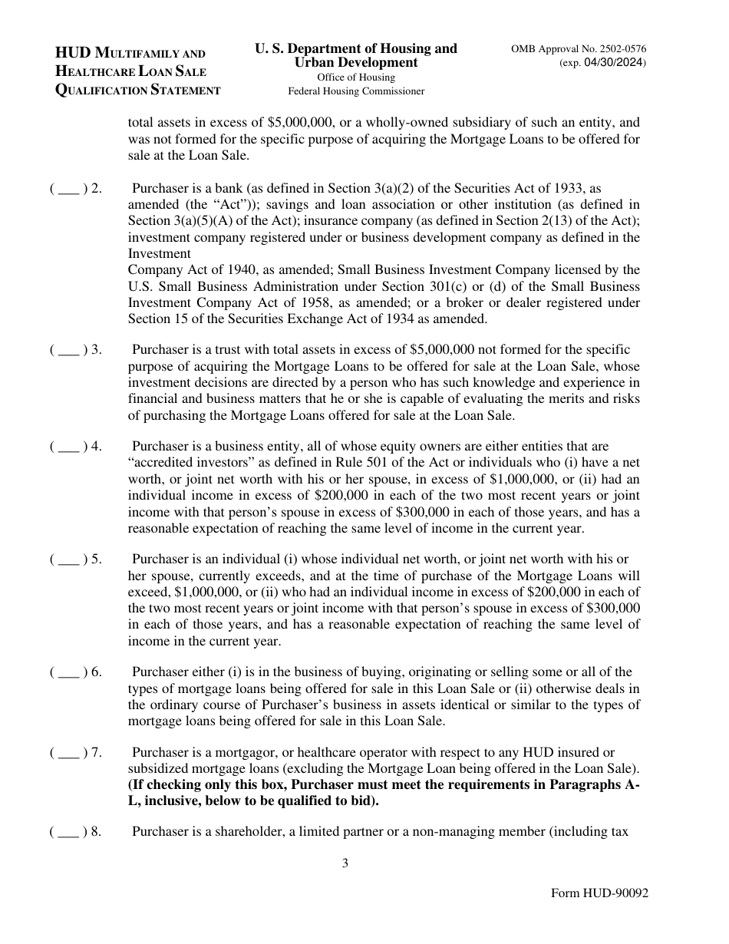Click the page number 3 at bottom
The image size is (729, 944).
[x=345, y=863]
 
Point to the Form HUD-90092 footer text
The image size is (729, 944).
[x=599, y=894]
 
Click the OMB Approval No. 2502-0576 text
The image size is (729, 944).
[x=579, y=49]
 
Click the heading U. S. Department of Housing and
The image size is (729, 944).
[x=355, y=48]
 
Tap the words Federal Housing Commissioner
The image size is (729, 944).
[x=356, y=91]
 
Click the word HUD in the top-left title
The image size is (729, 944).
[x=73, y=53]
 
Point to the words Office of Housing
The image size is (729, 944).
[x=356, y=77]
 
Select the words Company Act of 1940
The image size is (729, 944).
[x=175, y=269]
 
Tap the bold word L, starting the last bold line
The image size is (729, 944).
[x=133, y=800]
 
